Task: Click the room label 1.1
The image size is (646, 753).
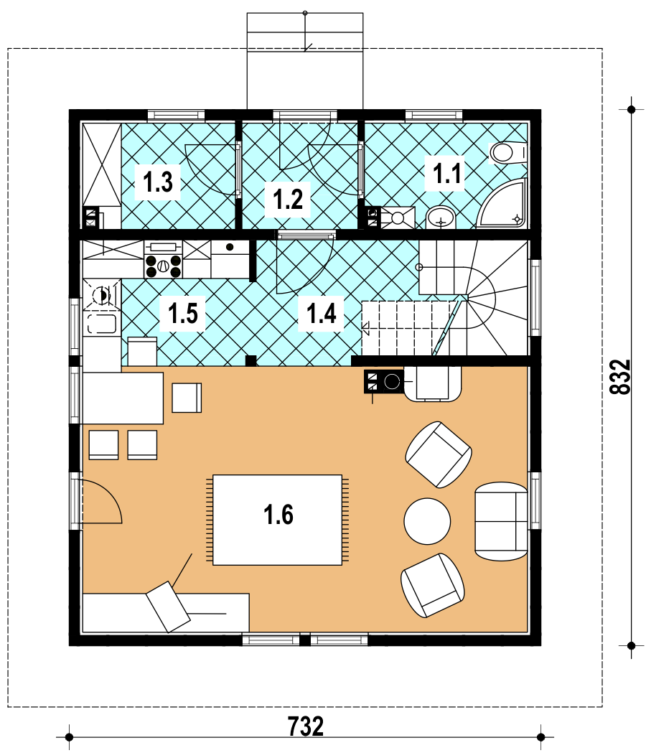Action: (x=446, y=174)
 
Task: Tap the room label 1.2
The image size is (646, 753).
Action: (x=288, y=199)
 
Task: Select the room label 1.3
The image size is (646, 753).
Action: (x=157, y=182)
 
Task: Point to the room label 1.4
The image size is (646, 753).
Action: (x=321, y=314)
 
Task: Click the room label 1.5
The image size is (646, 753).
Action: (x=182, y=314)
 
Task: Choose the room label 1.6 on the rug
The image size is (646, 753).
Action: (x=278, y=515)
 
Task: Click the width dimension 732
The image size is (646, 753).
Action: (x=306, y=726)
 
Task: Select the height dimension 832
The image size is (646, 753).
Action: (x=620, y=377)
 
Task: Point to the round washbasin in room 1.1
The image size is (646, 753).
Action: (x=440, y=218)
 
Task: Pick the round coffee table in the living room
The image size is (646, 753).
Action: (x=427, y=521)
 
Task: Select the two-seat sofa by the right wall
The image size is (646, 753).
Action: (x=501, y=521)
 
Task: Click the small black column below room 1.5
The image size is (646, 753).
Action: (x=251, y=360)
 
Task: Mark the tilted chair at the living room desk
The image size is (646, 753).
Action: (x=168, y=607)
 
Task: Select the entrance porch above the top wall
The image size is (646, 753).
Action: (x=305, y=61)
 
